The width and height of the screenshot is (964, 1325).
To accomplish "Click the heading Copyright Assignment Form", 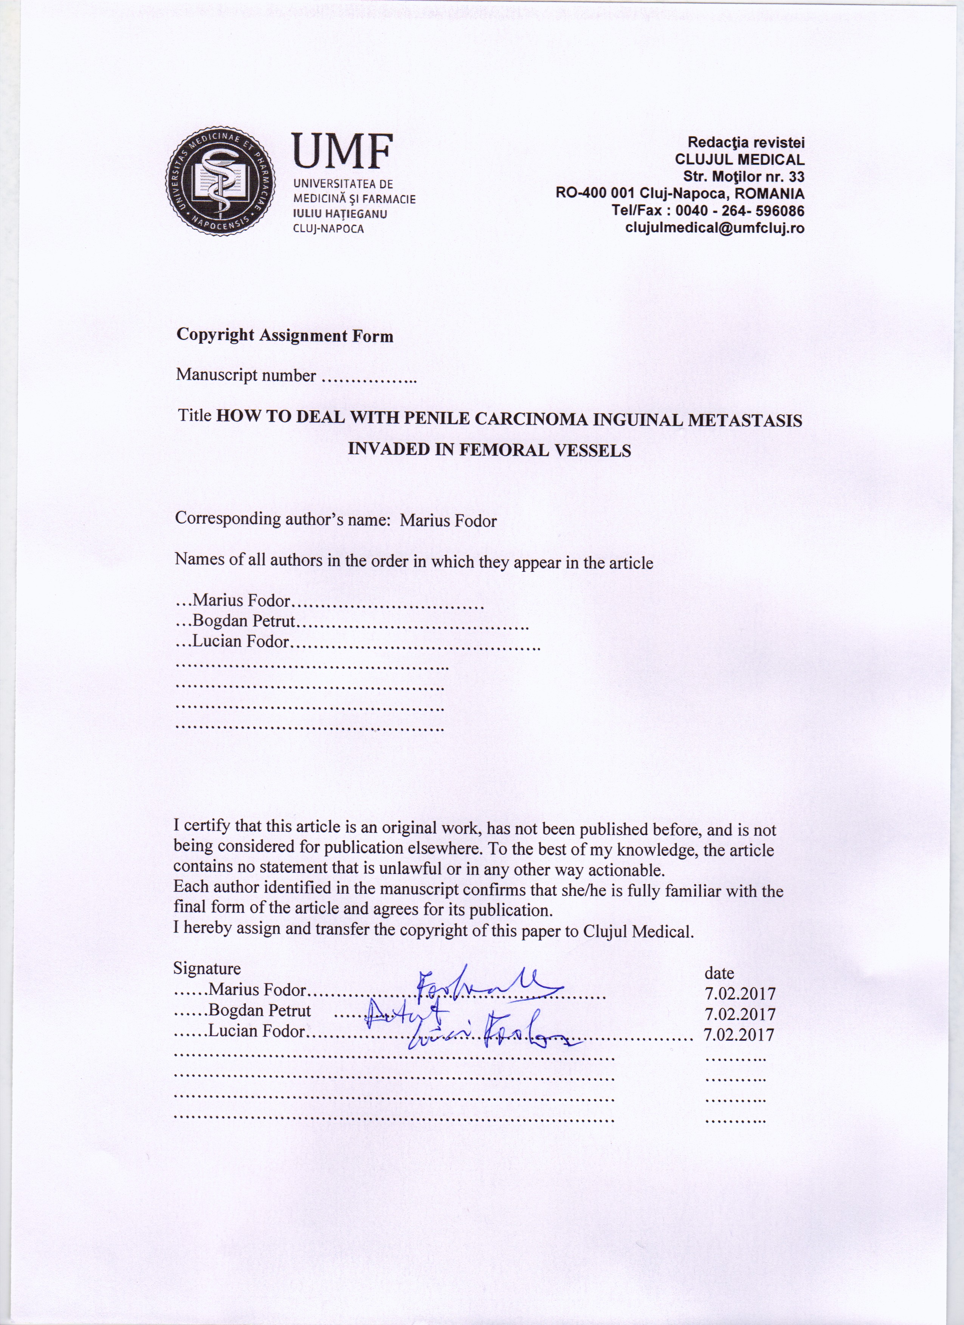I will click(x=285, y=335).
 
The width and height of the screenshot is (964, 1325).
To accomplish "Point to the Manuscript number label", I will click(x=246, y=375).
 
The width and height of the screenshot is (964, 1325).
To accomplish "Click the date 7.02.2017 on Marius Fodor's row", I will click(x=739, y=993).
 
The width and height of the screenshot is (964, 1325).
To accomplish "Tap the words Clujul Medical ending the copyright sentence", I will click(x=638, y=931).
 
